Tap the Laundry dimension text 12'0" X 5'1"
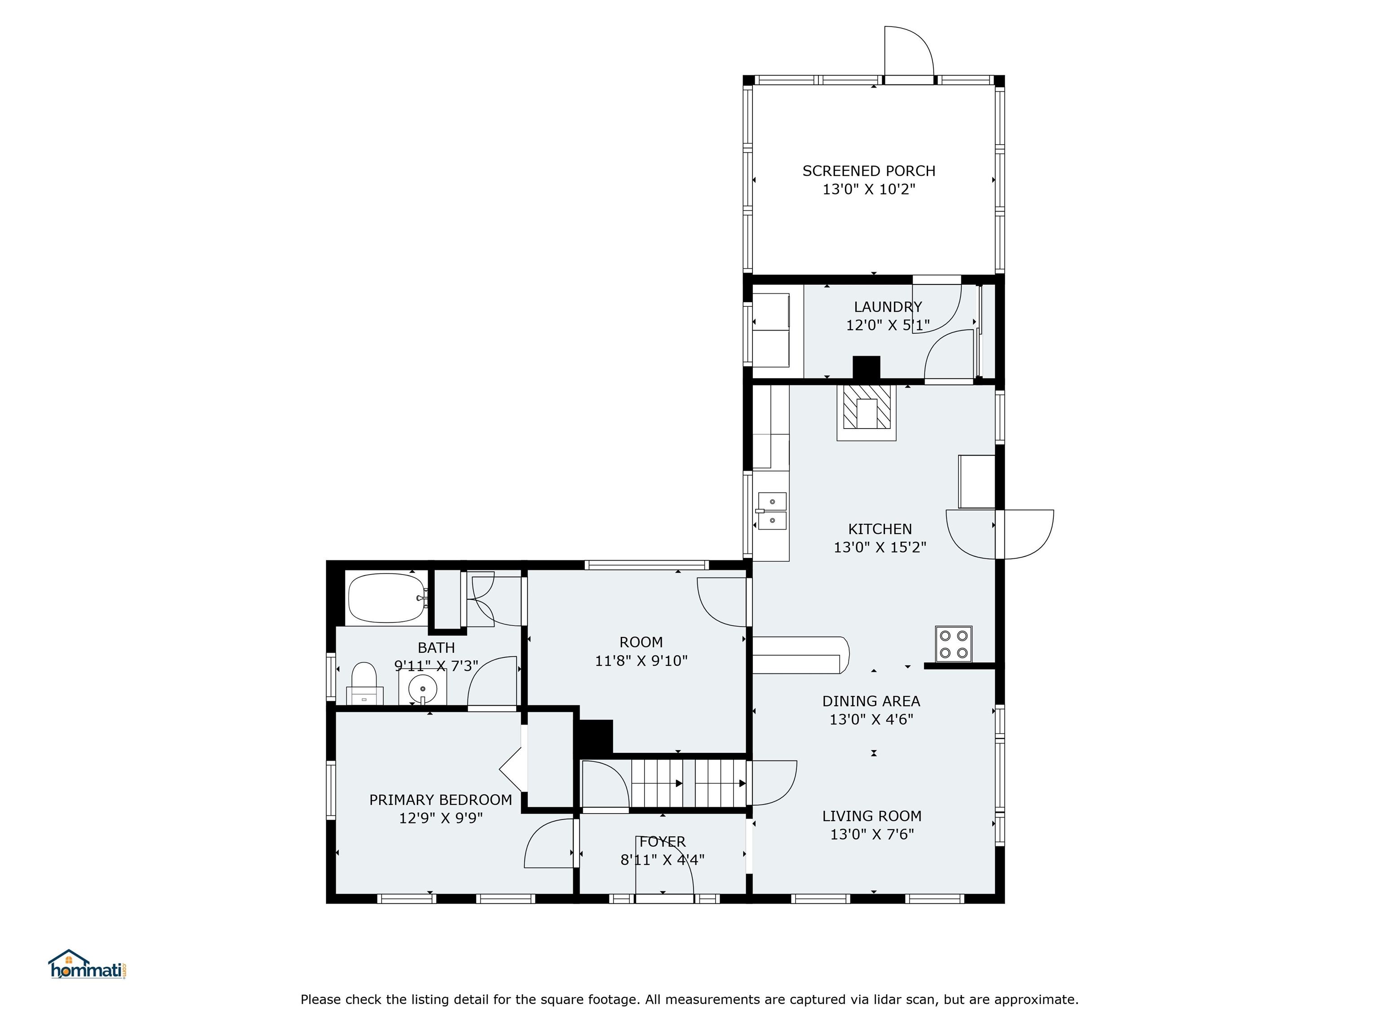(887, 325)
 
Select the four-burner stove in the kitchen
(953, 643)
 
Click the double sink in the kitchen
(772, 511)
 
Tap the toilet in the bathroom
(364, 683)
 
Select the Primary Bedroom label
(440, 800)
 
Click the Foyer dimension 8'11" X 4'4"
(662, 860)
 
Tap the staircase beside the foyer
(688, 783)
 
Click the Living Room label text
(871, 816)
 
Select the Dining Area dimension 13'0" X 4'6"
(871, 719)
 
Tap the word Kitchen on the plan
(880, 529)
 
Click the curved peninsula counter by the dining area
(801, 655)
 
